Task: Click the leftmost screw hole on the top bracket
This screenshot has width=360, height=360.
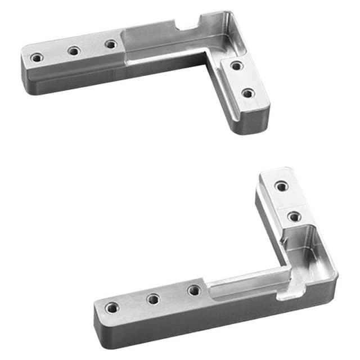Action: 37,57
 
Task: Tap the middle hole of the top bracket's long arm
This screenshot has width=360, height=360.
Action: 74,51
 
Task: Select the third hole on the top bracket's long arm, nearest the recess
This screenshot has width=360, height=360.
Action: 111,44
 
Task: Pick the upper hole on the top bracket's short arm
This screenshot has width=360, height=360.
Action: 237,66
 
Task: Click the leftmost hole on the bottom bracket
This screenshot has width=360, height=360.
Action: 112,308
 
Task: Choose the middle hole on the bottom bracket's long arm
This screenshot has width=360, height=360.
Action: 153,299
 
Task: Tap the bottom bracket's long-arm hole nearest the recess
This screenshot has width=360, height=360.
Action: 194,290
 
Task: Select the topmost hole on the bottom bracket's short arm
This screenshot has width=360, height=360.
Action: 281,186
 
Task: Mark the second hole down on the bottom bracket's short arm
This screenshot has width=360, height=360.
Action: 293,216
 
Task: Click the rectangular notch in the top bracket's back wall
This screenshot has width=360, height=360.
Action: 187,24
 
